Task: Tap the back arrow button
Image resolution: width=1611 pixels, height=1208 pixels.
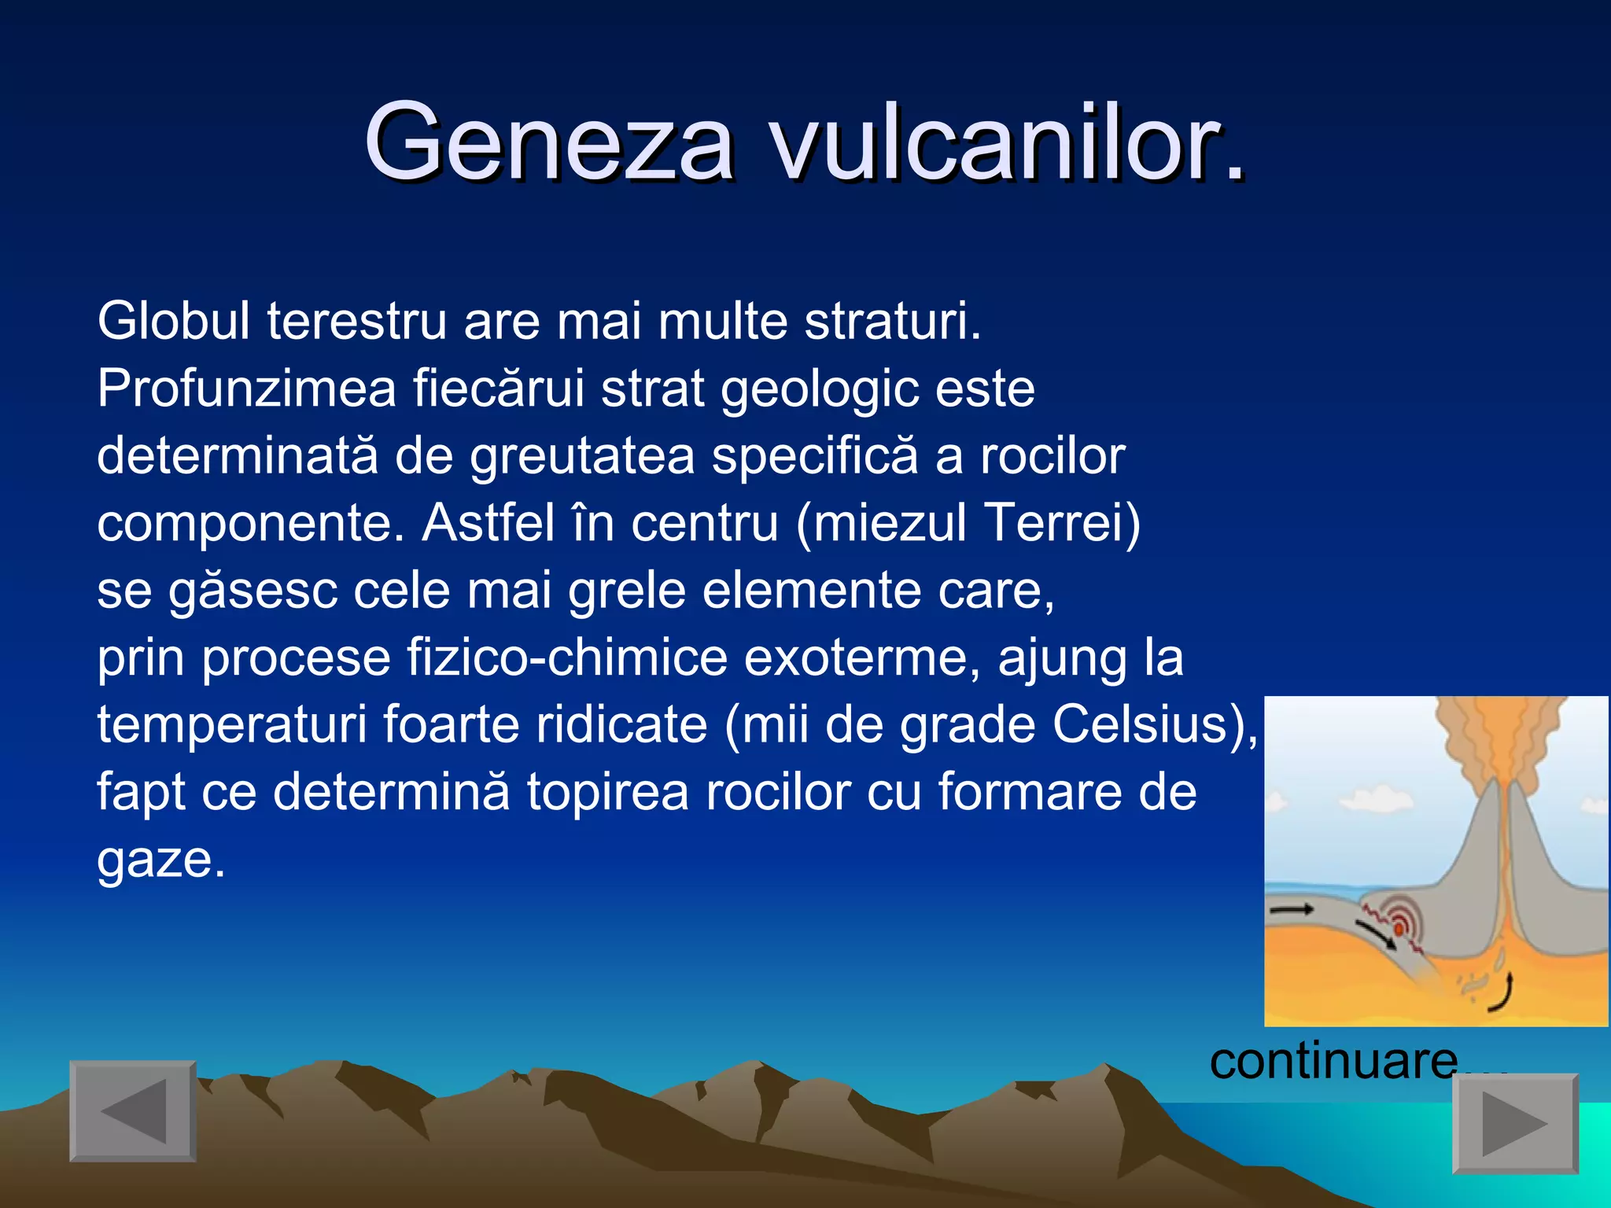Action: [132, 1110]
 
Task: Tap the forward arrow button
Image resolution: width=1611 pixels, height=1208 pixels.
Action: [1514, 1123]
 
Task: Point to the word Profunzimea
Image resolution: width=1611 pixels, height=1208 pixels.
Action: [246, 389]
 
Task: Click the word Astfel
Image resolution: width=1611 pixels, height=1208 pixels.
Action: [488, 523]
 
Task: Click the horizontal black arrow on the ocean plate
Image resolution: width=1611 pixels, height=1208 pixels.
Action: [1292, 910]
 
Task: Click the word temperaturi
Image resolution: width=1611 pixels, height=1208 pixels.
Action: [231, 725]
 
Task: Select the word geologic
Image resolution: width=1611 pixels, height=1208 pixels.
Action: [819, 390]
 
